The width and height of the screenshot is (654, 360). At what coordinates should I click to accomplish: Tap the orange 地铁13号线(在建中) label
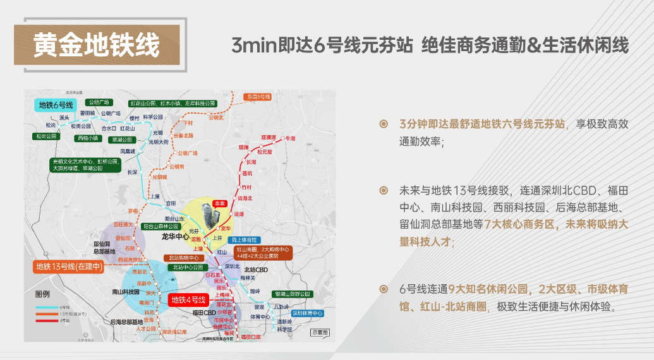(x=69, y=267)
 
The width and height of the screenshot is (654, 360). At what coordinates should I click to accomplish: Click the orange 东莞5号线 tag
(x=258, y=97)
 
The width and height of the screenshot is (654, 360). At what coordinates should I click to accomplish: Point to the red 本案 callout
(x=219, y=203)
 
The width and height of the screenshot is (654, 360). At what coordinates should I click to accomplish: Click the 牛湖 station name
(x=291, y=138)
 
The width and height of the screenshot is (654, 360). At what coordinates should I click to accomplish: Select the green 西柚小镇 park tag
(x=88, y=138)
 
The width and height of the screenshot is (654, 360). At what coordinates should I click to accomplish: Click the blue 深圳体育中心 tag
(x=308, y=313)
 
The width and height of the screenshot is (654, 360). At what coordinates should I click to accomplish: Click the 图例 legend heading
(x=42, y=295)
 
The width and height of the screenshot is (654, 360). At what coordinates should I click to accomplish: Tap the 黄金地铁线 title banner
(x=97, y=45)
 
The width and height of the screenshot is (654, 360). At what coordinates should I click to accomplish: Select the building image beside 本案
(x=207, y=215)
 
